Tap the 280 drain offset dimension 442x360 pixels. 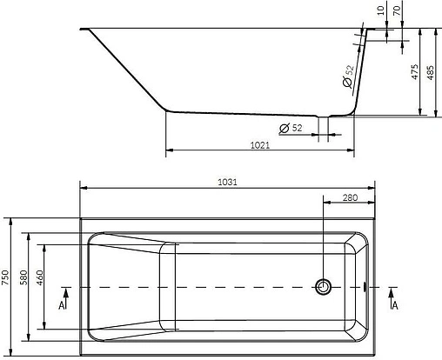click(x=350, y=199)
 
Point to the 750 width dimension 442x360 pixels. click(x=6, y=278)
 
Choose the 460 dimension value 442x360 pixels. click(x=38, y=278)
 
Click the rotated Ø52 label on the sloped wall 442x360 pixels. click(x=348, y=77)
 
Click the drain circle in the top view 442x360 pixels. click(x=325, y=285)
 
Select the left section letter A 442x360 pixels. click(x=62, y=305)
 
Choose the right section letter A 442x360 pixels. click(x=396, y=305)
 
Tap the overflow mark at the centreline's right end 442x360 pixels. click(x=364, y=285)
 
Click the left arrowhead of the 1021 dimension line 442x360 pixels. click(x=167, y=151)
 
